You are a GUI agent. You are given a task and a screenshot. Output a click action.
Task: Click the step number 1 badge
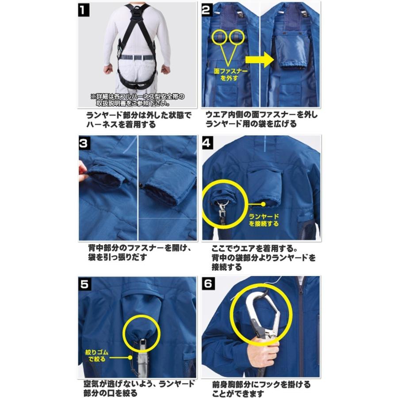[x=84, y=10]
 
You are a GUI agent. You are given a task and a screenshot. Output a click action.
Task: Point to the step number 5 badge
[x=84, y=284]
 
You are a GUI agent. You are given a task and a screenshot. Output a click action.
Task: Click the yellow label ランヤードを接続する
[x=264, y=220]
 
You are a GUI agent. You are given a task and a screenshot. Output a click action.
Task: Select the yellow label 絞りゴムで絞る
[x=96, y=355]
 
